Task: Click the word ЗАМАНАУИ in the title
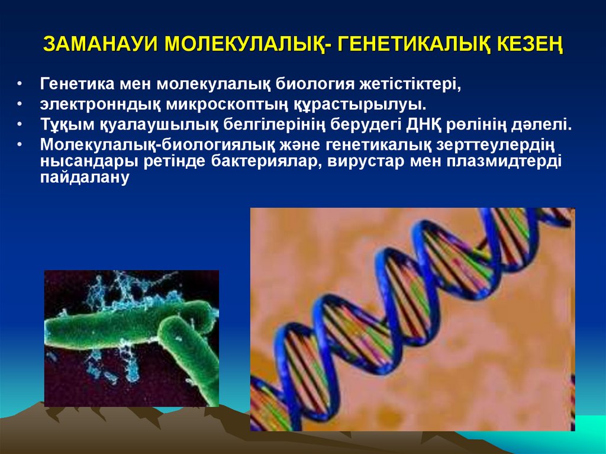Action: [101, 45]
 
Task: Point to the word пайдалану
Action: [84, 179]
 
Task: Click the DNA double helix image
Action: [412, 320]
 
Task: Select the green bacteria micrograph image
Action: [131, 338]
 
